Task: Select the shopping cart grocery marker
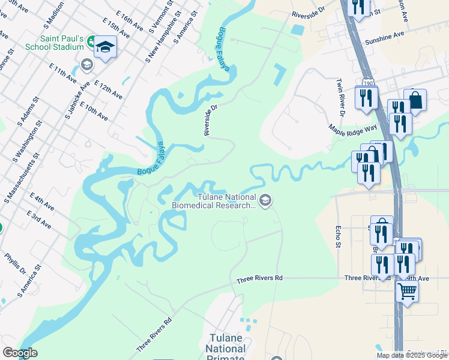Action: tap(408, 292)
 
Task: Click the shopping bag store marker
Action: tap(415, 100)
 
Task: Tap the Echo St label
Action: tap(339, 236)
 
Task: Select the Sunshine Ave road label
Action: tap(385, 37)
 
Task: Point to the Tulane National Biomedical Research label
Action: tap(214, 200)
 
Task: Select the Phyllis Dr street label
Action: tap(16, 263)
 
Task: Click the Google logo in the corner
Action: tap(19, 353)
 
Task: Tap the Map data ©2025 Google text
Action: tap(411, 355)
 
